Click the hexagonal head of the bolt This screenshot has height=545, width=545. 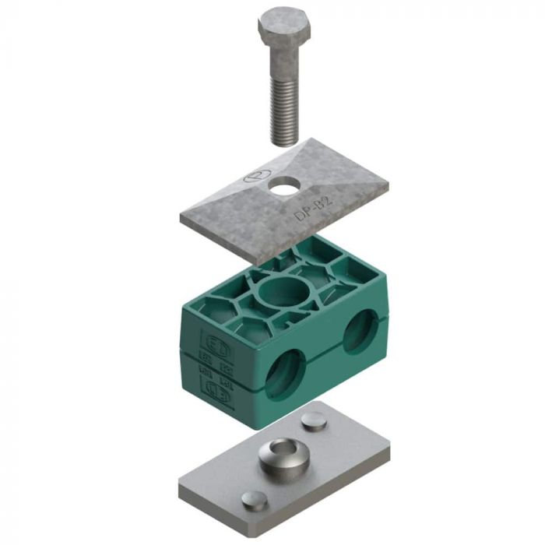284,28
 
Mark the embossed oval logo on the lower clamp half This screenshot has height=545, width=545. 216,387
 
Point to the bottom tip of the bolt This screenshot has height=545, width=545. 284,142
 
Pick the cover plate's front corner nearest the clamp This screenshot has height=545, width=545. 261,261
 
